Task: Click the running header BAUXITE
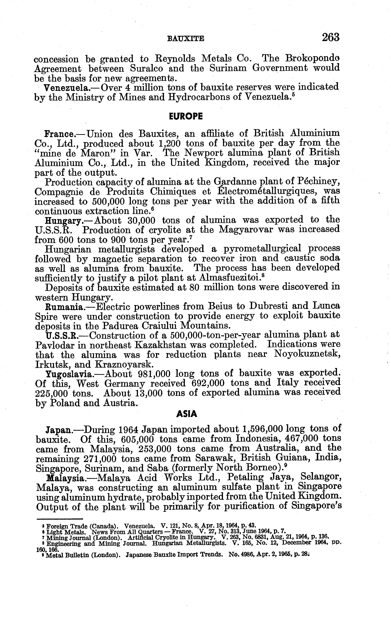point(186,39)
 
